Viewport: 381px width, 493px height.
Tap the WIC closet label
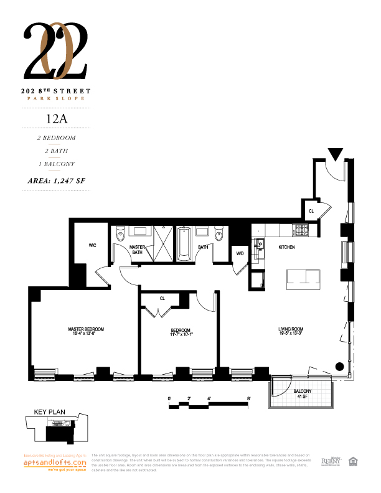[x=92, y=246]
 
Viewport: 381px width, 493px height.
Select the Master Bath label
[x=137, y=250]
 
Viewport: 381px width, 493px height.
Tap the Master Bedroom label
[x=86, y=331]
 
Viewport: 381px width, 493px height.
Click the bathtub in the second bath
[x=184, y=244]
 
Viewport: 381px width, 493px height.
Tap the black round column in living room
[x=340, y=366]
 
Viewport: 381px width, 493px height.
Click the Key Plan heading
[x=45, y=412]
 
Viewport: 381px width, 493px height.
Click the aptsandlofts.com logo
[x=54, y=463]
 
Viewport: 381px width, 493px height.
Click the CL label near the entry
[x=311, y=211]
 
